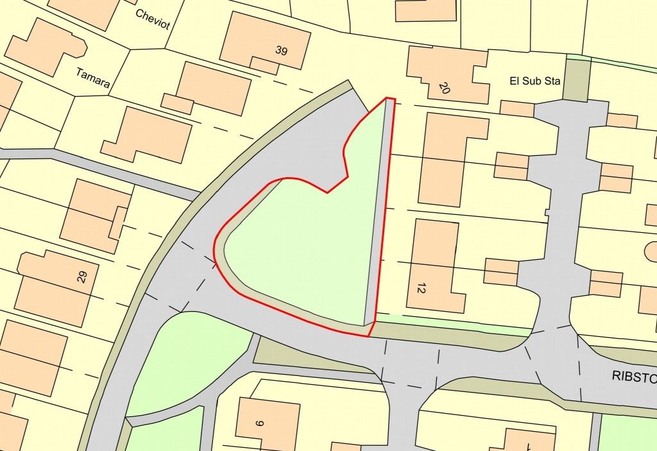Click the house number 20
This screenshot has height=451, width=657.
(444, 88)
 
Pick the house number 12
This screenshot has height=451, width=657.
(421, 289)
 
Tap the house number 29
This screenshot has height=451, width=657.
(81, 277)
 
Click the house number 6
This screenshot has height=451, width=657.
(260, 423)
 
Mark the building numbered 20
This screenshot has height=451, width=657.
(449, 74)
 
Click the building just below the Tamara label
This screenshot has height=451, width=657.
(148, 135)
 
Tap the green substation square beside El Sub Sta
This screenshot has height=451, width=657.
(576, 80)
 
